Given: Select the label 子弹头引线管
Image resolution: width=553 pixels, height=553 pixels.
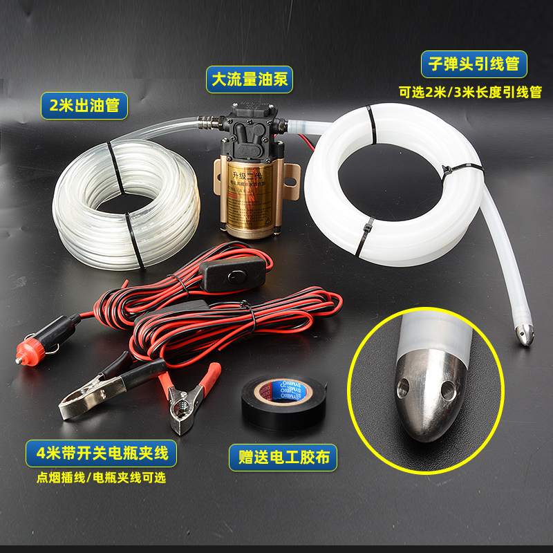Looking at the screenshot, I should point(474,65).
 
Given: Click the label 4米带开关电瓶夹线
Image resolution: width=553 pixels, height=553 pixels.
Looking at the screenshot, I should point(102,454).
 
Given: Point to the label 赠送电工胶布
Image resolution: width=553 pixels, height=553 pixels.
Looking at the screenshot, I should point(283,457).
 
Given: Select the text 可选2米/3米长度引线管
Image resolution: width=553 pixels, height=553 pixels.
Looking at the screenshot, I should point(471,92).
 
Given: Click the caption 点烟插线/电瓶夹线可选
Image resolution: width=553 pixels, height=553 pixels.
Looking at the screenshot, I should point(102,478).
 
